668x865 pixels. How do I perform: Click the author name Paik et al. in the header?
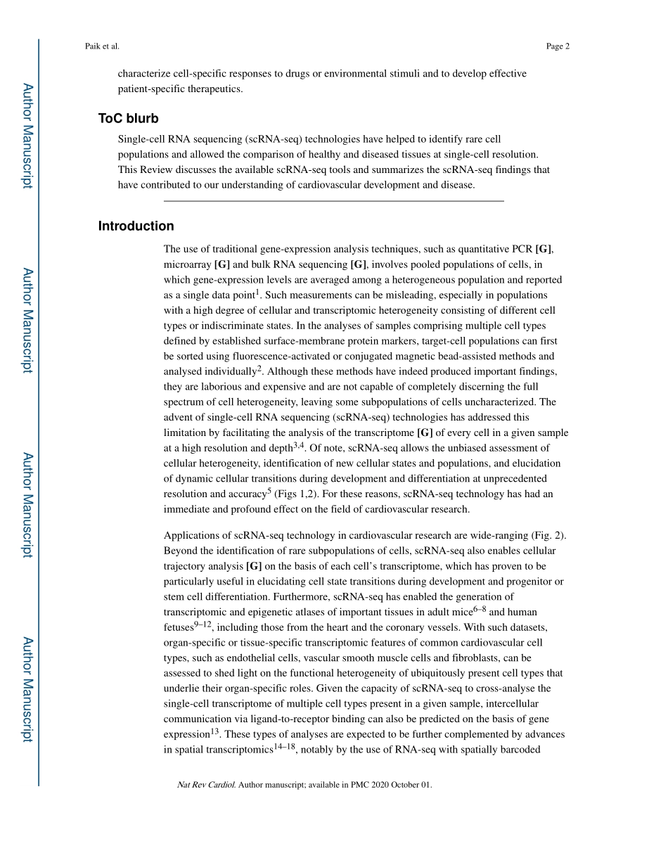coord(102,46)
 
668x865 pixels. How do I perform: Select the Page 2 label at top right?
coord(558,46)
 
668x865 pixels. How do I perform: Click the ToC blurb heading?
coord(128,118)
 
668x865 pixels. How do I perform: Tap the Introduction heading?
coord(136,226)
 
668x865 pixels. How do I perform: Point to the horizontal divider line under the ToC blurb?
coord(334,201)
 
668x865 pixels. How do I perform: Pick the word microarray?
coord(187,264)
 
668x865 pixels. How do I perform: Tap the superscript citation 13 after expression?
coord(215,731)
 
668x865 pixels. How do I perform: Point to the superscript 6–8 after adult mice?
coord(478,608)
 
